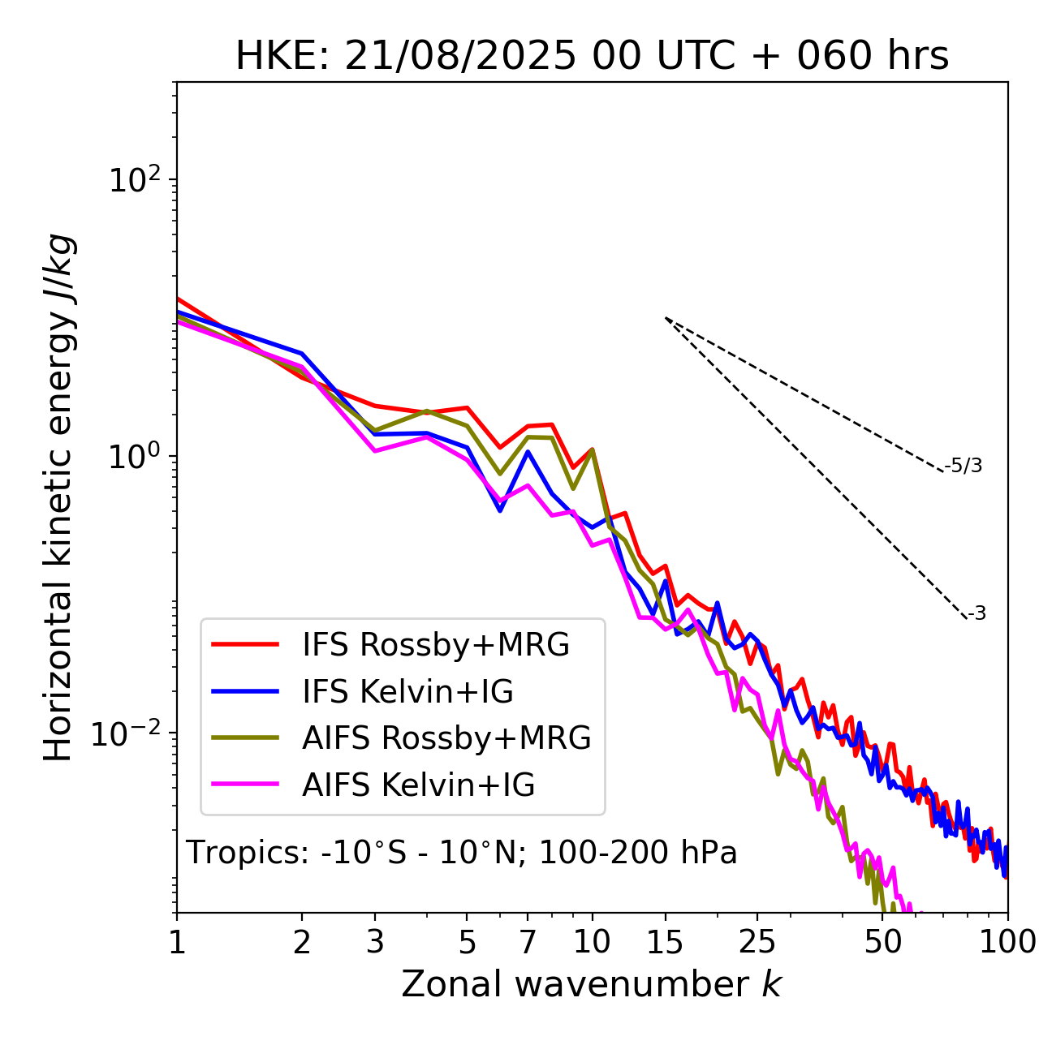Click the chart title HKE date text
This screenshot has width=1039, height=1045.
(592, 56)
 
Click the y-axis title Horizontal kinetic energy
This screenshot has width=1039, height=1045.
(58, 497)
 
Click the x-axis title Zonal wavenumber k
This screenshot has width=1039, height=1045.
(591, 983)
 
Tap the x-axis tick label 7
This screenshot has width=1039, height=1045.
(528, 942)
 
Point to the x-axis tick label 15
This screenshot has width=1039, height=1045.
(665, 942)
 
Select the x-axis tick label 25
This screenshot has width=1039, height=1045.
(757, 942)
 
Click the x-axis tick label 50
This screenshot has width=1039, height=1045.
(882, 942)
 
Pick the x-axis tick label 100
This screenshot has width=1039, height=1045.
(1007, 942)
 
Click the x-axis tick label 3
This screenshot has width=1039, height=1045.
(375, 942)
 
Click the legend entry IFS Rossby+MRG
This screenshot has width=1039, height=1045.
(436, 645)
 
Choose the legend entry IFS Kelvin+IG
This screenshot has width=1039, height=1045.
(407, 692)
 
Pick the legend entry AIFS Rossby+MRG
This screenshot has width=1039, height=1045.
(446, 738)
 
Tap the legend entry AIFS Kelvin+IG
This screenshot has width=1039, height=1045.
(419, 785)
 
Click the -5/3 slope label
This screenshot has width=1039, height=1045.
(964, 466)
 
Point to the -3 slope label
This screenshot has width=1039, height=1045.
(976, 614)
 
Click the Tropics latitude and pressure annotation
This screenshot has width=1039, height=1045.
(462, 853)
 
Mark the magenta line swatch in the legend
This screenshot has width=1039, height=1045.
(245, 785)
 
